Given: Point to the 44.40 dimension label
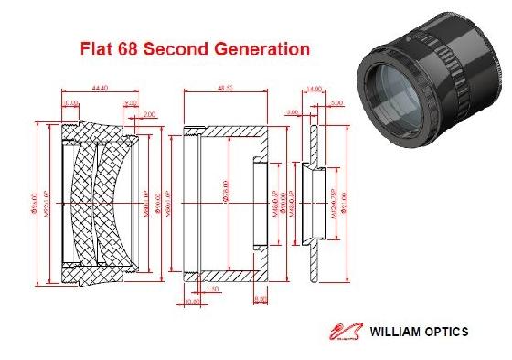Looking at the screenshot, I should [101, 89].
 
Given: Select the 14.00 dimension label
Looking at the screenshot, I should [317, 90].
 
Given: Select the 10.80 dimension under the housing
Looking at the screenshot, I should [193, 298].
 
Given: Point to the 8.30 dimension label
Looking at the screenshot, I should [261, 298].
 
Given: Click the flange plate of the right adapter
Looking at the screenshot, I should [311, 196].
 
